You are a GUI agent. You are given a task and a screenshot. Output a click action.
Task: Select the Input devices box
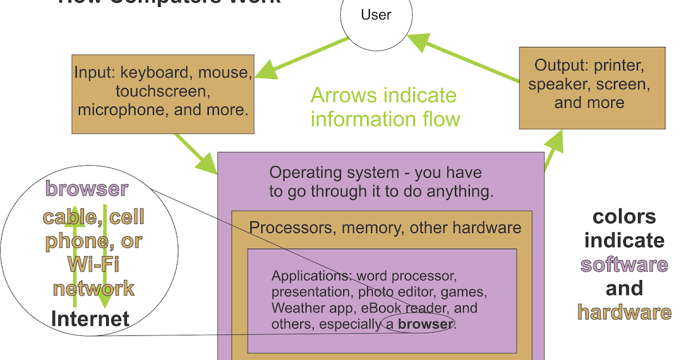tap(163, 94)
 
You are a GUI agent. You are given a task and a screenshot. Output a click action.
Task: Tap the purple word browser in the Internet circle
tap(87, 189)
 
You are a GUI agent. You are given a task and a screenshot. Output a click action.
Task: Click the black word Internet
tap(90, 318)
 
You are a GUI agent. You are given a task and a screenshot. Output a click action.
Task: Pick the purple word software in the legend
tap(624, 265)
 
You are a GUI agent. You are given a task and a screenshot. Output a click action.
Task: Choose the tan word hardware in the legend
tap(624, 312)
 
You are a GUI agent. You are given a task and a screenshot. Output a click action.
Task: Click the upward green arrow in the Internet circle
tap(74, 257)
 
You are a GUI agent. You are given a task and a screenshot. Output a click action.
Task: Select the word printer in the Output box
tap(620, 66)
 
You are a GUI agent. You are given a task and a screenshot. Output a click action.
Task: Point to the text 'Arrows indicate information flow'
tap(384, 107)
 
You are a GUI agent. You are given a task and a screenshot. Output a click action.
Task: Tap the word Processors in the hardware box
tap(292, 228)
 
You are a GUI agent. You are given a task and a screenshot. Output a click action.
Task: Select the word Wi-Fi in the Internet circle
tap(93, 265)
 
